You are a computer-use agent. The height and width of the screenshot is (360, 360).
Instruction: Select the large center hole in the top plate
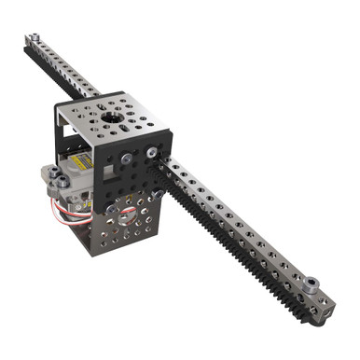point(111,119)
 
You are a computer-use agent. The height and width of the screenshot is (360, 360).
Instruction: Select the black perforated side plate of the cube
point(126,168)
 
